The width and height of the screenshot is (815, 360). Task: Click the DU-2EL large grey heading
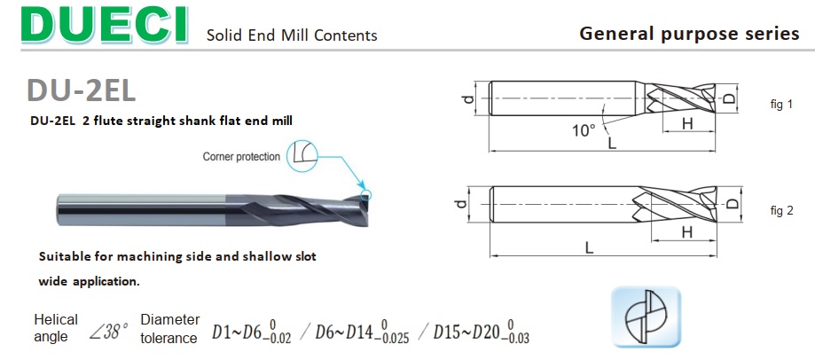81,90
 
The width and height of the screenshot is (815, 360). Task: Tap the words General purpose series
689,34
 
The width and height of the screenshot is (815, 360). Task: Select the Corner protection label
241,156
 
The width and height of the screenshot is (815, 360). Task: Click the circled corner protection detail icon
302,155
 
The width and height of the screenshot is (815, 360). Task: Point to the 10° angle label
584,130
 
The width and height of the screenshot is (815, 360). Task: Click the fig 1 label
781,104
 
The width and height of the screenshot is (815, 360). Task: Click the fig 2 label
781,210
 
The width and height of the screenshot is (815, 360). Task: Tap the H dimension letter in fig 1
687,123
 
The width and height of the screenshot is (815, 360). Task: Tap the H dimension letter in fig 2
687,232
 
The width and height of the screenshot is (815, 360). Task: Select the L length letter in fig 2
589,247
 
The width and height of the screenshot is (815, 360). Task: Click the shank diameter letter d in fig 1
469,98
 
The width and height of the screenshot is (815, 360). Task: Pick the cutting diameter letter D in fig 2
732,203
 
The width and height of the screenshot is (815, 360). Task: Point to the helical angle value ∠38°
108,331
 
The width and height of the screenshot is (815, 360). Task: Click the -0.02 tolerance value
278,338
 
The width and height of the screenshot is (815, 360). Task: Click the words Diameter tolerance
169,329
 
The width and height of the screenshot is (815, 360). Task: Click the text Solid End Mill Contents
292,35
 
